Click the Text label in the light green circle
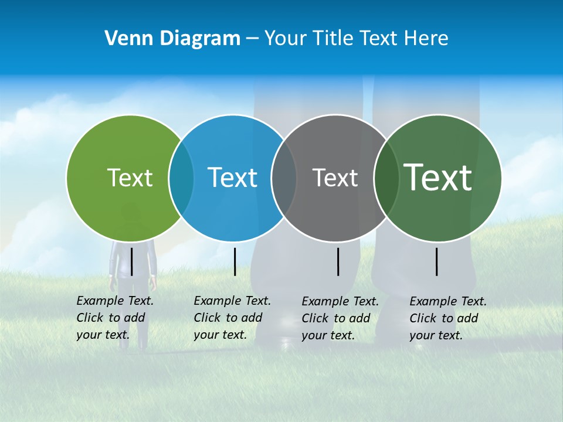pyautogui.click(x=130, y=178)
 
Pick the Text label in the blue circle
pyautogui.click(x=232, y=178)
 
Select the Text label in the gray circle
pyautogui.click(x=335, y=178)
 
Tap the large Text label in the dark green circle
pyautogui.click(x=437, y=178)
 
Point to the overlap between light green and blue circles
pyautogui.click(x=181, y=178)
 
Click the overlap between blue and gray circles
pyautogui.click(x=284, y=178)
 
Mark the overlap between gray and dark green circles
pyautogui.click(x=386, y=178)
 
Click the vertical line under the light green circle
pyautogui.click(x=132, y=261)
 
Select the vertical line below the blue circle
pyautogui.click(x=235, y=261)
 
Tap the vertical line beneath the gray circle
pyautogui.click(x=338, y=261)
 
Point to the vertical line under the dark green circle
pyautogui.click(x=437, y=261)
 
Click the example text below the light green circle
pyautogui.click(x=114, y=318)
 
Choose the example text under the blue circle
pyautogui.click(x=232, y=318)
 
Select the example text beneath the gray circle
pyautogui.click(x=340, y=318)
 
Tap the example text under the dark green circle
pyautogui.click(x=447, y=318)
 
